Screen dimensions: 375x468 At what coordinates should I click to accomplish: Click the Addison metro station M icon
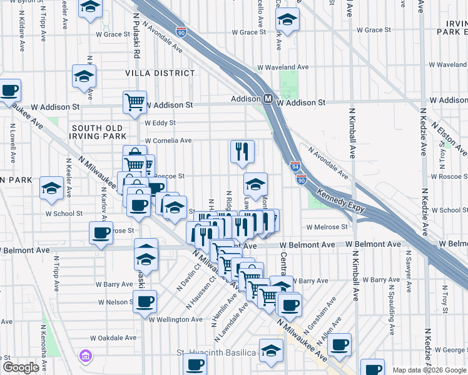[267, 99]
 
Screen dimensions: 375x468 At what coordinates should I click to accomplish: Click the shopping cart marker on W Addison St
[135, 102]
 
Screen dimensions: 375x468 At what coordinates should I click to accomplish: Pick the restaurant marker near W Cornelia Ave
[242, 151]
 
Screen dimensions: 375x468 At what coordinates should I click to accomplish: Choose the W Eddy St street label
[161, 123]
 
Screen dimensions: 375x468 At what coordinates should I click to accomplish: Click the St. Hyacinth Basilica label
[216, 353]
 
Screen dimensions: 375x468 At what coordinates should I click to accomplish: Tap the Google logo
[21, 367]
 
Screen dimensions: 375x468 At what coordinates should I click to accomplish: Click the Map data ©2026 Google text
[429, 370]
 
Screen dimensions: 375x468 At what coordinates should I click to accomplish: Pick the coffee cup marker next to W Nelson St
[145, 302]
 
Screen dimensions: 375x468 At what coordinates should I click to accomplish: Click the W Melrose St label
[327, 227]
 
